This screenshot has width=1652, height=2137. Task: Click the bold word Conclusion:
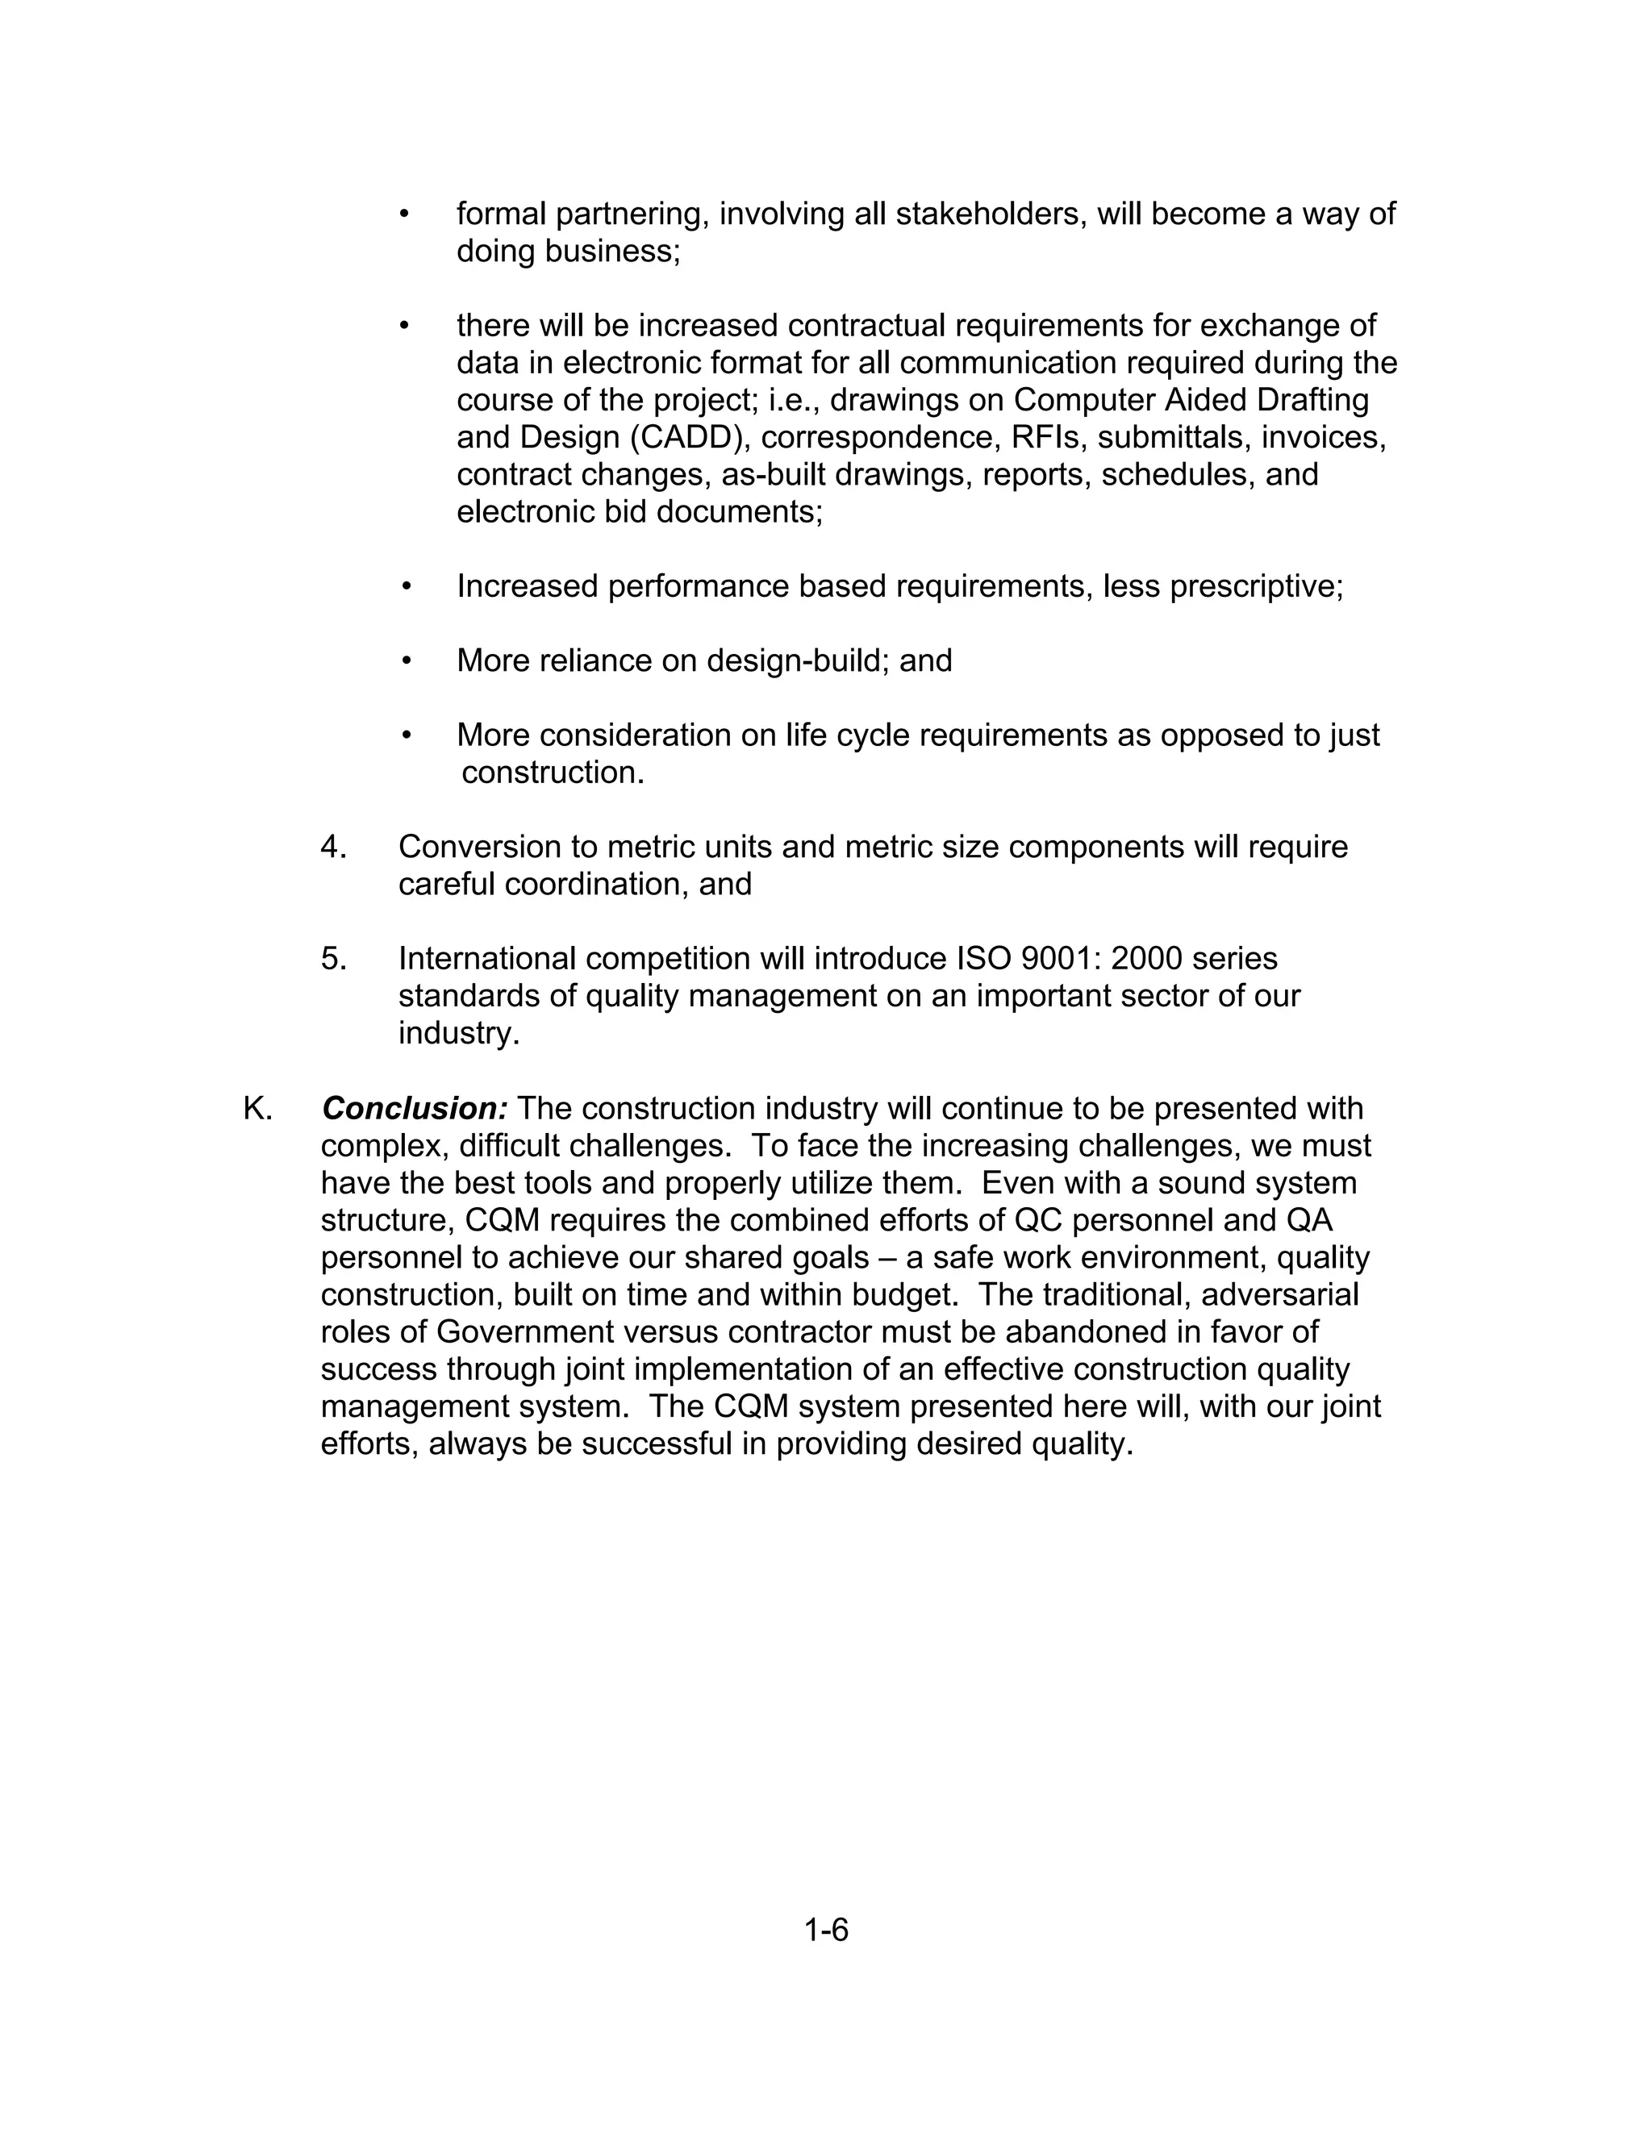[x=414, y=1109]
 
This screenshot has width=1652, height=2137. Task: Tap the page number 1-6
[x=826, y=1930]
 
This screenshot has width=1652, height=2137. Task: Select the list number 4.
[x=333, y=847]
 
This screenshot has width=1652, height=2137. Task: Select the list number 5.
[x=333, y=958]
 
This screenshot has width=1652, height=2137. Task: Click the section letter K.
[x=257, y=1109]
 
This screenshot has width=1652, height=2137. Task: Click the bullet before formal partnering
[x=404, y=214]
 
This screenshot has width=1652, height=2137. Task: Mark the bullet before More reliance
[x=407, y=660]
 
